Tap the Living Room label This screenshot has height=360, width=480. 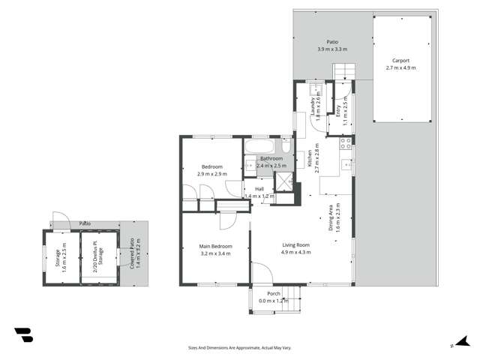(x=295, y=244)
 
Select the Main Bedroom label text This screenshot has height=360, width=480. (x=215, y=246)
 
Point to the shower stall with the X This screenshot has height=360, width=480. (x=284, y=182)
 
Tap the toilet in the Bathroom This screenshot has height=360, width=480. (x=287, y=146)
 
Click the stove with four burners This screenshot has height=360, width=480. (x=346, y=142)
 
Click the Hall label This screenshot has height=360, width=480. (x=259, y=189)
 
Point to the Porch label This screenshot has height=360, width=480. (x=273, y=294)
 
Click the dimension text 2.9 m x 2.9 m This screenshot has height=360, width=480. (x=212, y=174)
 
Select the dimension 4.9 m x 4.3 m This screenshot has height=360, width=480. (x=295, y=252)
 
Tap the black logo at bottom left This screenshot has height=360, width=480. (x=23, y=334)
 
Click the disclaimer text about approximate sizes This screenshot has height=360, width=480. (x=239, y=347)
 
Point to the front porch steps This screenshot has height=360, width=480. (x=296, y=300)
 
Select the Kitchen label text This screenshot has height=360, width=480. (x=308, y=158)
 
